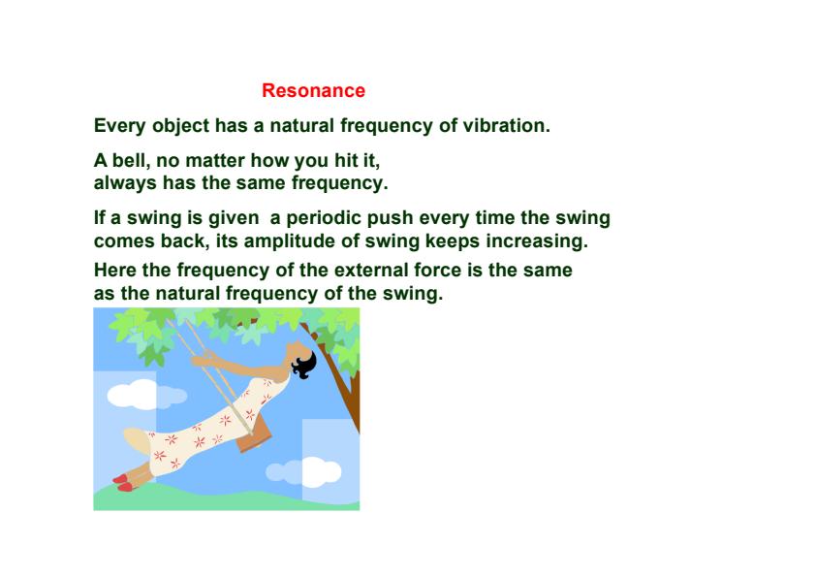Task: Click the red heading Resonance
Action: [313, 91]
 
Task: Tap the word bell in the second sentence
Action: [126, 162]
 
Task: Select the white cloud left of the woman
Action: [131, 394]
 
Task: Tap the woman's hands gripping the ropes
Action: [204, 360]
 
